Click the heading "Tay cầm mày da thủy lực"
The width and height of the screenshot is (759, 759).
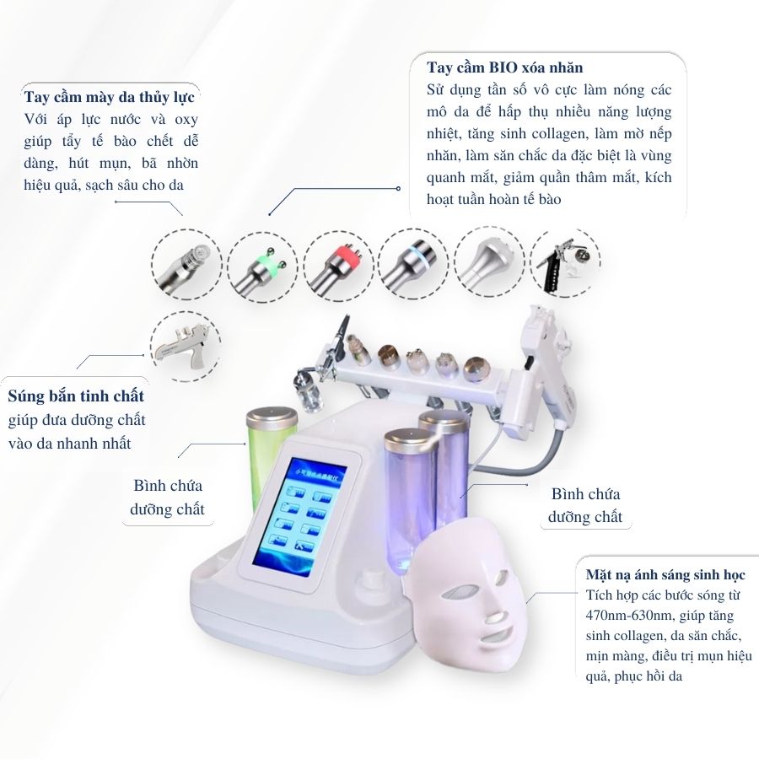pyautogui.click(x=110, y=97)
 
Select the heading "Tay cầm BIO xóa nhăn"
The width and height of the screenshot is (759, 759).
pyautogui.click(x=504, y=67)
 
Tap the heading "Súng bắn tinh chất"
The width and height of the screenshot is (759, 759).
pyautogui.click(x=76, y=396)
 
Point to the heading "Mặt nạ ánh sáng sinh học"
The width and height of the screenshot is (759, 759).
pyautogui.click(x=665, y=574)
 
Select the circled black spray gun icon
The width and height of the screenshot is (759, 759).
pyautogui.click(x=565, y=262)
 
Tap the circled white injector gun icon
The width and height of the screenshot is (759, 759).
pyautogui.click(x=186, y=347)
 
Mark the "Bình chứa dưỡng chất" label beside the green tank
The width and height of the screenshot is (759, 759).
pyautogui.click(x=168, y=497)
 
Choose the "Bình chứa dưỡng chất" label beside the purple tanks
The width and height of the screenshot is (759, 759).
pyautogui.click(x=585, y=505)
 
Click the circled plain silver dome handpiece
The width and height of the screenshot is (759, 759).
pyautogui.click(x=489, y=262)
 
